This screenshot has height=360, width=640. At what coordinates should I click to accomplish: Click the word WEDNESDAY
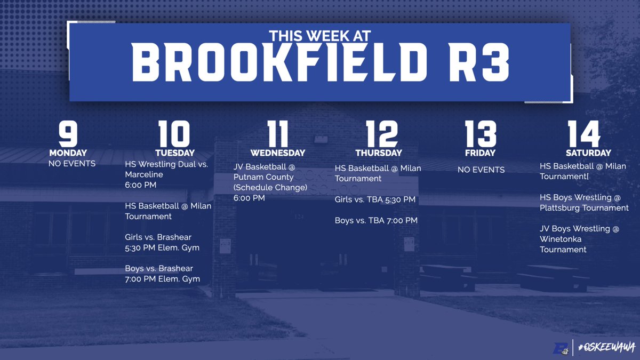(278, 153)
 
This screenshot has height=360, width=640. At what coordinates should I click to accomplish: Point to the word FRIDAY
(481, 153)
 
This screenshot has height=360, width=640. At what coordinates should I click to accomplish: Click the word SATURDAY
(585, 153)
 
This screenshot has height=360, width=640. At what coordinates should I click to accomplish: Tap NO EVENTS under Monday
(72, 163)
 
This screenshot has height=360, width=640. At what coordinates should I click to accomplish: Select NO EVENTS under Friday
(481, 170)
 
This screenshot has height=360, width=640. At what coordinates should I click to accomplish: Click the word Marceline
(144, 175)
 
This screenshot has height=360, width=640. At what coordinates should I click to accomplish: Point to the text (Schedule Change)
(270, 187)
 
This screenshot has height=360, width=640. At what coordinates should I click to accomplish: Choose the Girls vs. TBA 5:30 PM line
(375, 200)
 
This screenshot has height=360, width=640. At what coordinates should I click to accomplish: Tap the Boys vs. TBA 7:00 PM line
(376, 220)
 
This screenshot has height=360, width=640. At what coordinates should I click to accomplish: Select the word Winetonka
(561, 239)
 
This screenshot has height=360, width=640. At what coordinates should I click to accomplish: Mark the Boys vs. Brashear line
(159, 268)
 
